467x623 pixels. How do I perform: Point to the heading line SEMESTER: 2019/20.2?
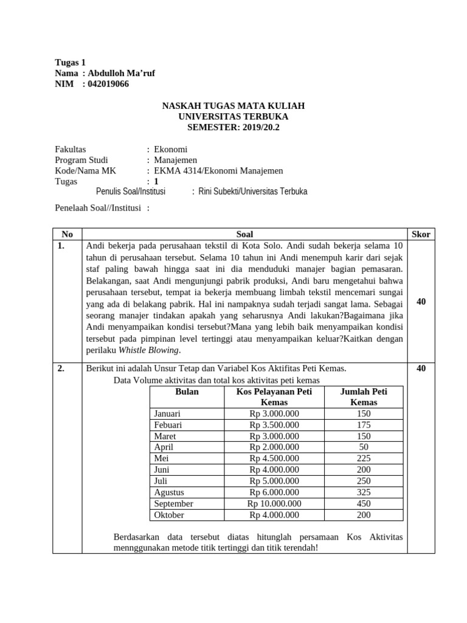pyautogui.click(x=233, y=127)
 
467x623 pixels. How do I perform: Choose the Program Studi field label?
pyautogui.click(x=81, y=160)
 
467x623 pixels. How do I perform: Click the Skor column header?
pyautogui.click(x=421, y=234)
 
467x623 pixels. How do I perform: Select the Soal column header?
pyautogui.click(x=244, y=234)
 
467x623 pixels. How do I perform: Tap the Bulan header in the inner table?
pyautogui.click(x=187, y=392)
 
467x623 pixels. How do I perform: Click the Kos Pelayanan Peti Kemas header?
pyautogui.click(x=274, y=397)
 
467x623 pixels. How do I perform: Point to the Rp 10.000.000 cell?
pyautogui.click(x=274, y=504)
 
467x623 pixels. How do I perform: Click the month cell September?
pyautogui.click(x=174, y=504)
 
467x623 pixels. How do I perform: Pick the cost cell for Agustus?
pyautogui.click(x=274, y=492)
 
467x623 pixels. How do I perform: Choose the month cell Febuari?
pyautogui.click(x=168, y=425)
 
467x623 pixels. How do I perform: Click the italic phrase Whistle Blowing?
pyautogui.click(x=149, y=350)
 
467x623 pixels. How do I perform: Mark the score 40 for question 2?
pyautogui.click(x=421, y=368)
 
